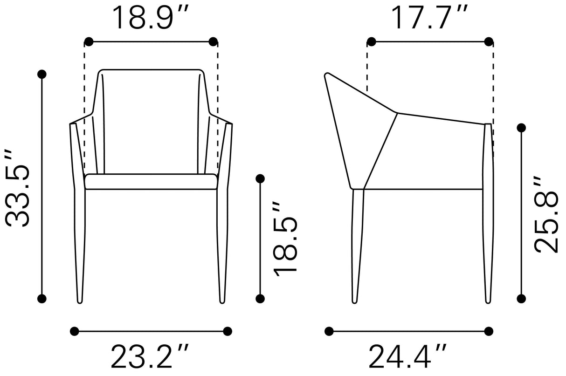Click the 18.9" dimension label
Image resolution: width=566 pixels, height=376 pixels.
[151, 17]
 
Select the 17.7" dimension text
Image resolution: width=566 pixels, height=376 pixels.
[429, 17]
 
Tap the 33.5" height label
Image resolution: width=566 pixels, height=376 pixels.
[17, 188]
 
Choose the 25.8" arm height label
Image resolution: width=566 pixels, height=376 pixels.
[546, 214]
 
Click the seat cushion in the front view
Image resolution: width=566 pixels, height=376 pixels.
[151, 182]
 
